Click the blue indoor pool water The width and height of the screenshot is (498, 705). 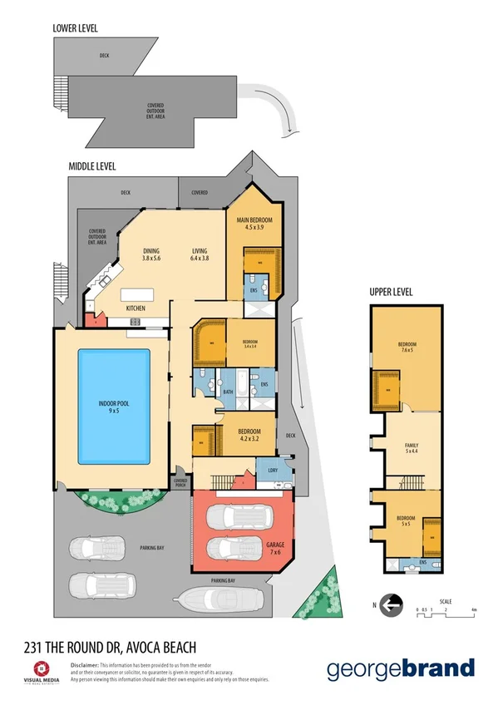pos(114,407)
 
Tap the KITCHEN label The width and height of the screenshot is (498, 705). pos(136,308)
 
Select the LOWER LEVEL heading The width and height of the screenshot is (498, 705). pos(75,27)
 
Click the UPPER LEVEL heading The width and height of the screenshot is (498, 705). pos(392,293)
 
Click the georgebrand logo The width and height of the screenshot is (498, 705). pos(400,668)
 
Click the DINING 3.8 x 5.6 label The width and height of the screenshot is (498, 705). pos(151,255)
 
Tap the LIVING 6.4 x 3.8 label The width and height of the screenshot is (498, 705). pos(200,255)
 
